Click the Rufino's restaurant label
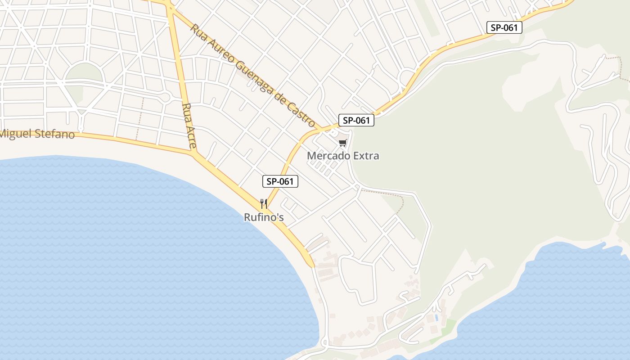[x=264, y=217]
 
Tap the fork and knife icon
[x=264, y=204]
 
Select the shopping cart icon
[x=343, y=143]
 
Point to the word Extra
[x=365, y=156]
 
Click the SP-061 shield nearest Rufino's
[x=280, y=182]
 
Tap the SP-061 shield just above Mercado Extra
[x=356, y=120]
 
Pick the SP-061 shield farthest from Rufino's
[x=504, y=27]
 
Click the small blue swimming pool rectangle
[x=436, y=317]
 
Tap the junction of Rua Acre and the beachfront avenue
[x=194, y=154]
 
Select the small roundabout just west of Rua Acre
[x=165, y=97]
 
